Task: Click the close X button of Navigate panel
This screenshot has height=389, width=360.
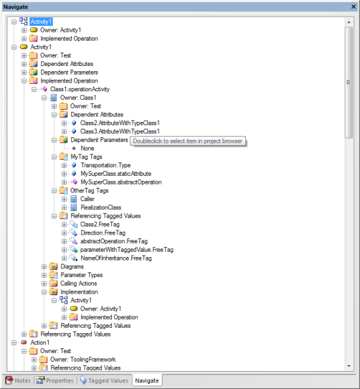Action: [353, 7]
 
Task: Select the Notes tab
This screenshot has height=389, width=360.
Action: [18, 380]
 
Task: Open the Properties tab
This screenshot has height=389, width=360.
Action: [55, 380]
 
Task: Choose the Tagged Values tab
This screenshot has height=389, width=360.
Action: [104, 380]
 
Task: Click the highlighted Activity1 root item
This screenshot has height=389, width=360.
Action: [41, 21]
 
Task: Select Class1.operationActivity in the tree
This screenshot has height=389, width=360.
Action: [80, 89]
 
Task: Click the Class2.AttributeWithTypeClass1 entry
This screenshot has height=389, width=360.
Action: [120, 123]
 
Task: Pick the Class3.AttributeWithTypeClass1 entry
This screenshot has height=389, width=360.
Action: [120, 131]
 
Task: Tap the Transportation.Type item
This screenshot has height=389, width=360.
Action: [105, 165]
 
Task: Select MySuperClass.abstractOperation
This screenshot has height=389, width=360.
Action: [121, 182]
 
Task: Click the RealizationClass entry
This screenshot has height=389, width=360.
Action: [101, 207]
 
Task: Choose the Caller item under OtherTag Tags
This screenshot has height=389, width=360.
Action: [87, 199]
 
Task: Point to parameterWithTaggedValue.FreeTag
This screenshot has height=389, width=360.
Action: [127, 250]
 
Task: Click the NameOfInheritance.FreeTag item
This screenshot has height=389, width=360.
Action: [116, 258]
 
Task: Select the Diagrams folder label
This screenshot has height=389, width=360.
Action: [72, 266]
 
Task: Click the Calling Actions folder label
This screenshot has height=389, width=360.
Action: [79, 283]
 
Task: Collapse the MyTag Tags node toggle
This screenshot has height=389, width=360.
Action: [54, 157]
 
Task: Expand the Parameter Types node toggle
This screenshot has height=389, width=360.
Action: [44, 275]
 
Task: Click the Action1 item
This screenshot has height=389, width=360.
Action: [40, 342]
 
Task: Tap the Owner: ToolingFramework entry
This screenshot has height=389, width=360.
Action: [83, 359]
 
